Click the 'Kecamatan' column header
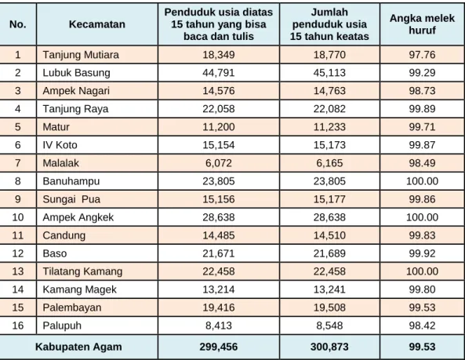coord(97,24)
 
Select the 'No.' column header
coord(18,24)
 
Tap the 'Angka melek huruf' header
coord(422,24)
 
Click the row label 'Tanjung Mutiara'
coord(81,55)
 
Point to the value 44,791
coord(219,73)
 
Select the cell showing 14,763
coord(329,91)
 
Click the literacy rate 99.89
coord(422,109)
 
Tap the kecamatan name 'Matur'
coord(56,127)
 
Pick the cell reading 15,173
coord(329,145)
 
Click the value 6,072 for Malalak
coord(219,163)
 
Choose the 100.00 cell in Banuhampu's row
coord(422,181)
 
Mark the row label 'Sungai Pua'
coord(71,199)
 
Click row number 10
coord(18,217)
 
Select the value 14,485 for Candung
coord(219,235)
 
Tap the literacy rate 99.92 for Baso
coord(422,253)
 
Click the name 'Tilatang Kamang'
coord(82,271)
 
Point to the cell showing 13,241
coord(329,289)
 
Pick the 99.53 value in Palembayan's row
coord(422,307)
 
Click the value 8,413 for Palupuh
coord(219,325)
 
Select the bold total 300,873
coord(329,347)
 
